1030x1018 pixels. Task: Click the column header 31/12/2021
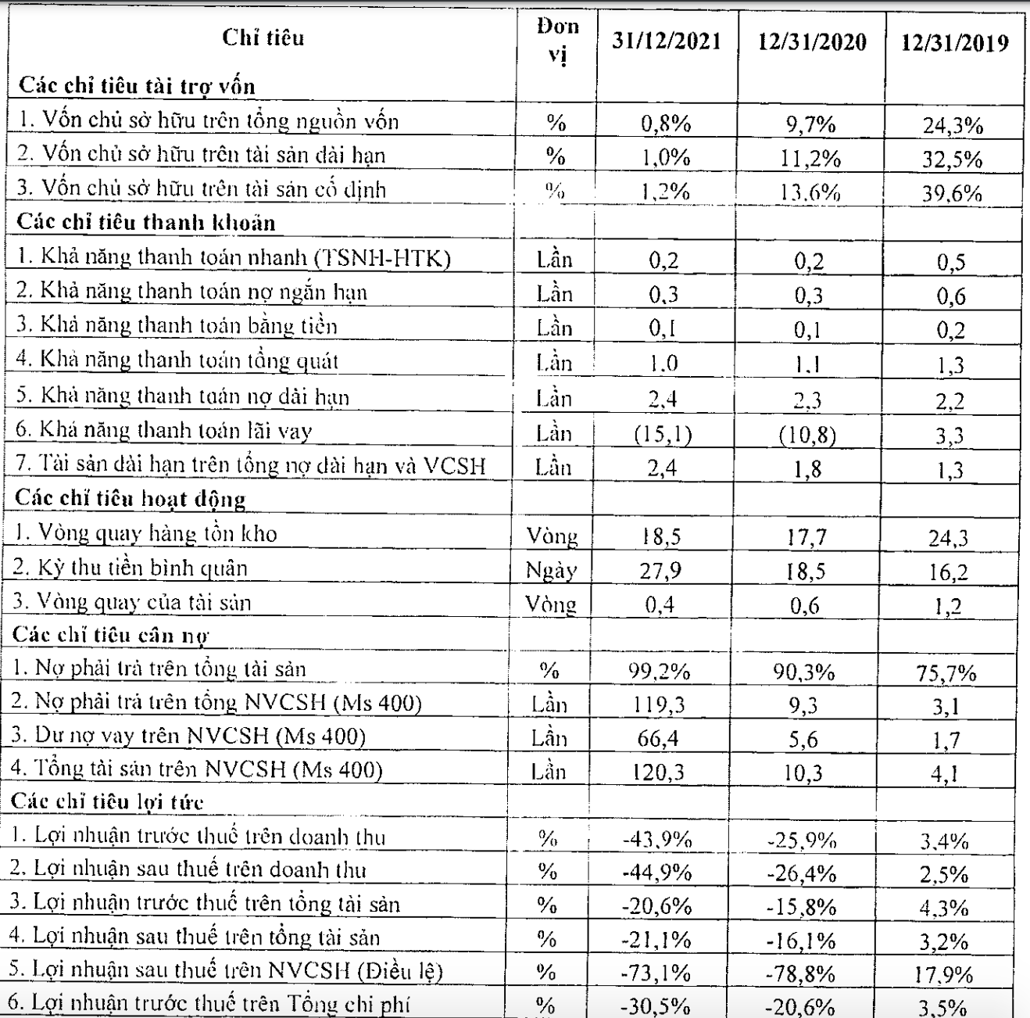666,41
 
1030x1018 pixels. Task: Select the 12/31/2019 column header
954,43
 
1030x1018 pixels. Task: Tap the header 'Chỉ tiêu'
263,38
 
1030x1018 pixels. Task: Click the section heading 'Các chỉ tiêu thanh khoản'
146,223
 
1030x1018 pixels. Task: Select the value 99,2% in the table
660,671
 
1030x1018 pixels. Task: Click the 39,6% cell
951,193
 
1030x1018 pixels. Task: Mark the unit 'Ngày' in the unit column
552,571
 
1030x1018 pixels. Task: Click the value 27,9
660,570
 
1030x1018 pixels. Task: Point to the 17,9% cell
946,975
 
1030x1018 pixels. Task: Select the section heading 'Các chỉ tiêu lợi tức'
108,802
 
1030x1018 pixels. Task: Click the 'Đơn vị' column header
557,41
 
